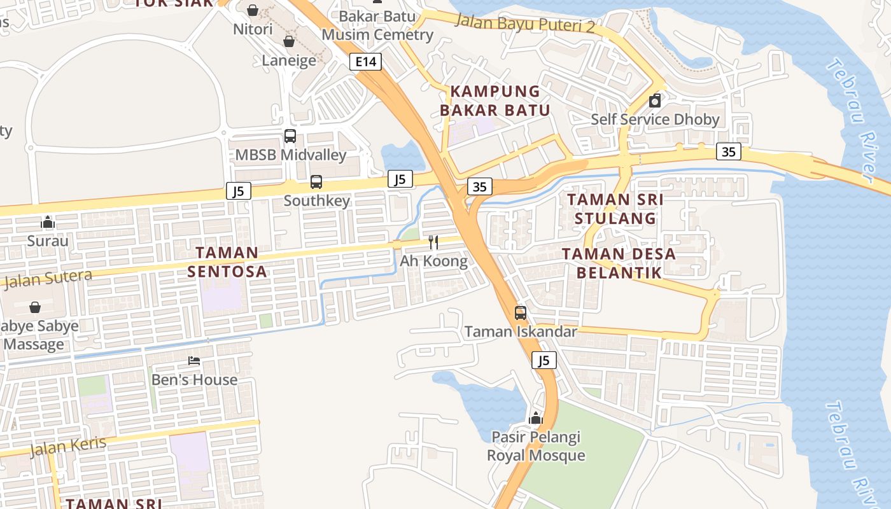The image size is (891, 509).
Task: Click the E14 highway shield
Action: click(366, 62)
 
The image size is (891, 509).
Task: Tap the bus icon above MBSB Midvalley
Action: click(290, 136)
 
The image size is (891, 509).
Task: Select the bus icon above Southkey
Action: click(316, 182)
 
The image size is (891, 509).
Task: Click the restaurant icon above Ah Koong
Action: click(433, 242)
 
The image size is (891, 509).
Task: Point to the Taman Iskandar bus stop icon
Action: click(521, 312)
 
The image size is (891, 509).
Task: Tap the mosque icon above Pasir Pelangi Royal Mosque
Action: click(536, 418)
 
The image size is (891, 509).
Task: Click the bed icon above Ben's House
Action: click(194, 361)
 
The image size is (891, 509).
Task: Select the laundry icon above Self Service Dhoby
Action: click(654, 101)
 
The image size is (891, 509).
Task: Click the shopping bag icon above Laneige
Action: click(289, 41)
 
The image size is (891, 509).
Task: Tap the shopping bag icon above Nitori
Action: click(253, 10)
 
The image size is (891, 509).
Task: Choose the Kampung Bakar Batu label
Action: click(495, 101)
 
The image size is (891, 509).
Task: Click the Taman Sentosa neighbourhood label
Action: click(227, 262)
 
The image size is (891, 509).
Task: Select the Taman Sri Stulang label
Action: click(615, 209)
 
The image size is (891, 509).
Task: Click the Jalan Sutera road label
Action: click(48, 278)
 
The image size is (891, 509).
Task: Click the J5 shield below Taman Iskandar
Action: click(544, 361)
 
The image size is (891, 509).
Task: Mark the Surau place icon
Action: click(48, 222)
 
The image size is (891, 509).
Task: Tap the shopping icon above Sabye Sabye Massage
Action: click(35, 307)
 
